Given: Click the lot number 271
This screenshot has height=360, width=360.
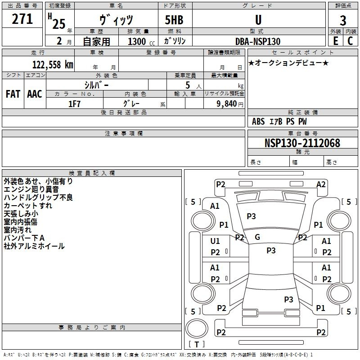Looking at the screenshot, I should click(22, 19).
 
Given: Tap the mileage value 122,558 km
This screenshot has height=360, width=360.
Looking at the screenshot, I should click(53, 64).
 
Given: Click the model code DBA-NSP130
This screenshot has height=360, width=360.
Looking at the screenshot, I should click(257, 41).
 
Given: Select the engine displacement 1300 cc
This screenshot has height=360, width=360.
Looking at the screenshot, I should click(140, 41).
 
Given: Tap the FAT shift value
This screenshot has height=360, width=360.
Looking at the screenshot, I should click(13, 94).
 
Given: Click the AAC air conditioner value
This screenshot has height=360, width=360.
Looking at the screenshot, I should click(34, 94).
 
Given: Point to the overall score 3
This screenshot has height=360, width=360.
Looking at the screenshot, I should click(343, 20).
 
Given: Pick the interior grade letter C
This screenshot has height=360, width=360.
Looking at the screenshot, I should click(350, 41).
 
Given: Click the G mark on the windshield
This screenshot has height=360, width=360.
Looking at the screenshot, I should click(257, 237).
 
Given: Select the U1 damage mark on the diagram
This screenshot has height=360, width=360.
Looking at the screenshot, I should click(215, 241).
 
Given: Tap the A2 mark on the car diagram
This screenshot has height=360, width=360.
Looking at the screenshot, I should click(321, 184).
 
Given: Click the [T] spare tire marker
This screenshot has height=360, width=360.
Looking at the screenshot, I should click(197, 345).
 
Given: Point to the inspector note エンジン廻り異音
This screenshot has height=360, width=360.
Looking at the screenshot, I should click(31, 189).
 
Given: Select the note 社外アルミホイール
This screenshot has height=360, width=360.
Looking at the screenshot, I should click(34, 246).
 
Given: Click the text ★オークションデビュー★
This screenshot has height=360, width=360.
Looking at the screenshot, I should click(288, 63).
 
